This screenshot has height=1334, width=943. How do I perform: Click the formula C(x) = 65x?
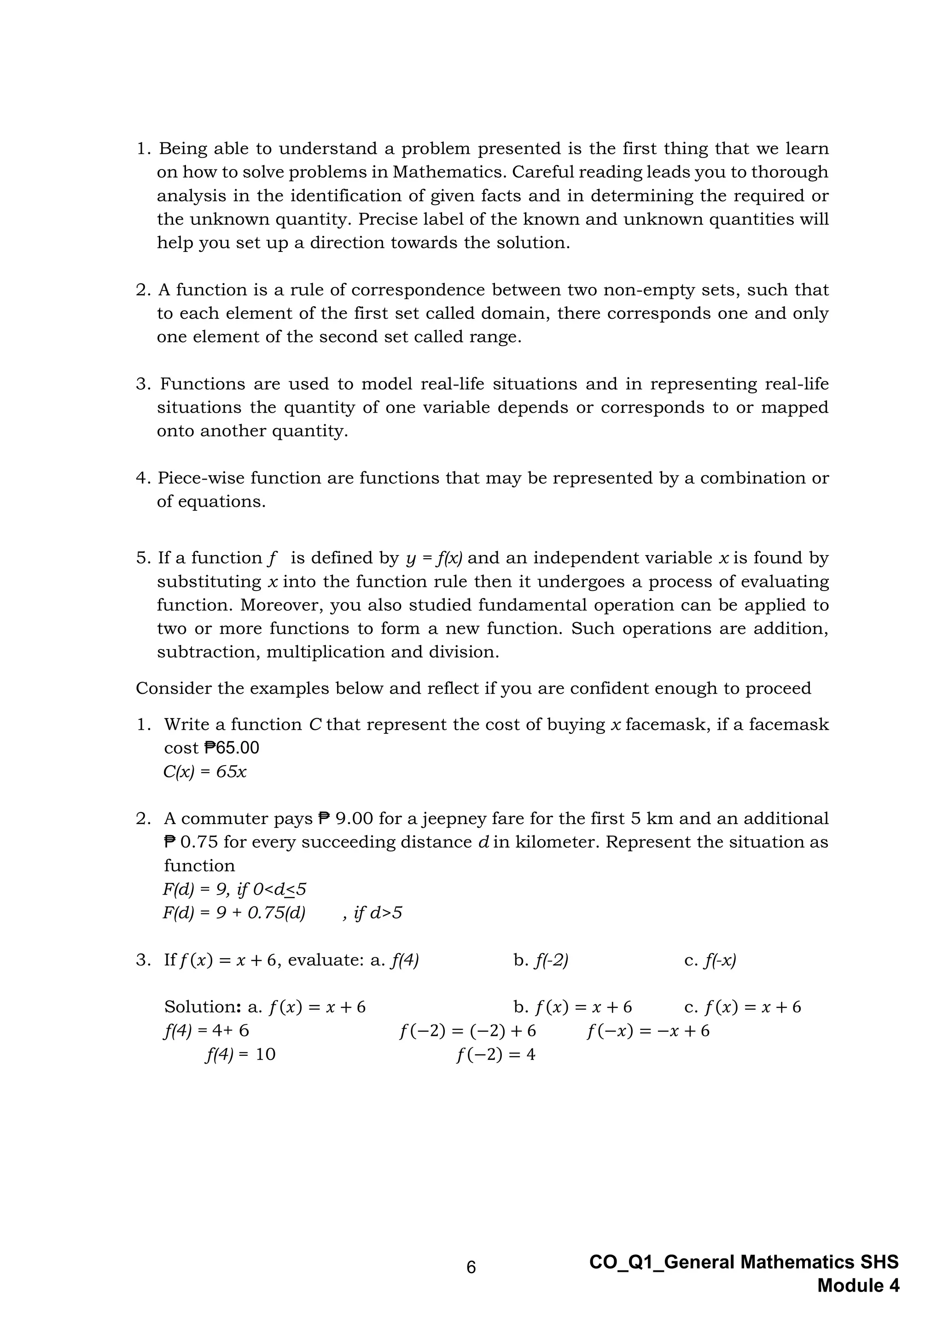point(205,772)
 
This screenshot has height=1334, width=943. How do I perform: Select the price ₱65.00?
point(232,748)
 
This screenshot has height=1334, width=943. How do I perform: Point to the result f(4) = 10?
point(240,1054)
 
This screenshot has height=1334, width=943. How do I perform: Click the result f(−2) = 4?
point(496,1054)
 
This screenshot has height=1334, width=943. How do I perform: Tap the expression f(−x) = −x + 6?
point(648,1031)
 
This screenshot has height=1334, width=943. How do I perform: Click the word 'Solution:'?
point(203,1007)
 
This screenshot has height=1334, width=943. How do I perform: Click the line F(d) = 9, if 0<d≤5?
point(234,889)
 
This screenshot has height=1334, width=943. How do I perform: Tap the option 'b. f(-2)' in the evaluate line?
point(541,960)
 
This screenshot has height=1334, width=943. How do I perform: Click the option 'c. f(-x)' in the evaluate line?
point(710,960)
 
